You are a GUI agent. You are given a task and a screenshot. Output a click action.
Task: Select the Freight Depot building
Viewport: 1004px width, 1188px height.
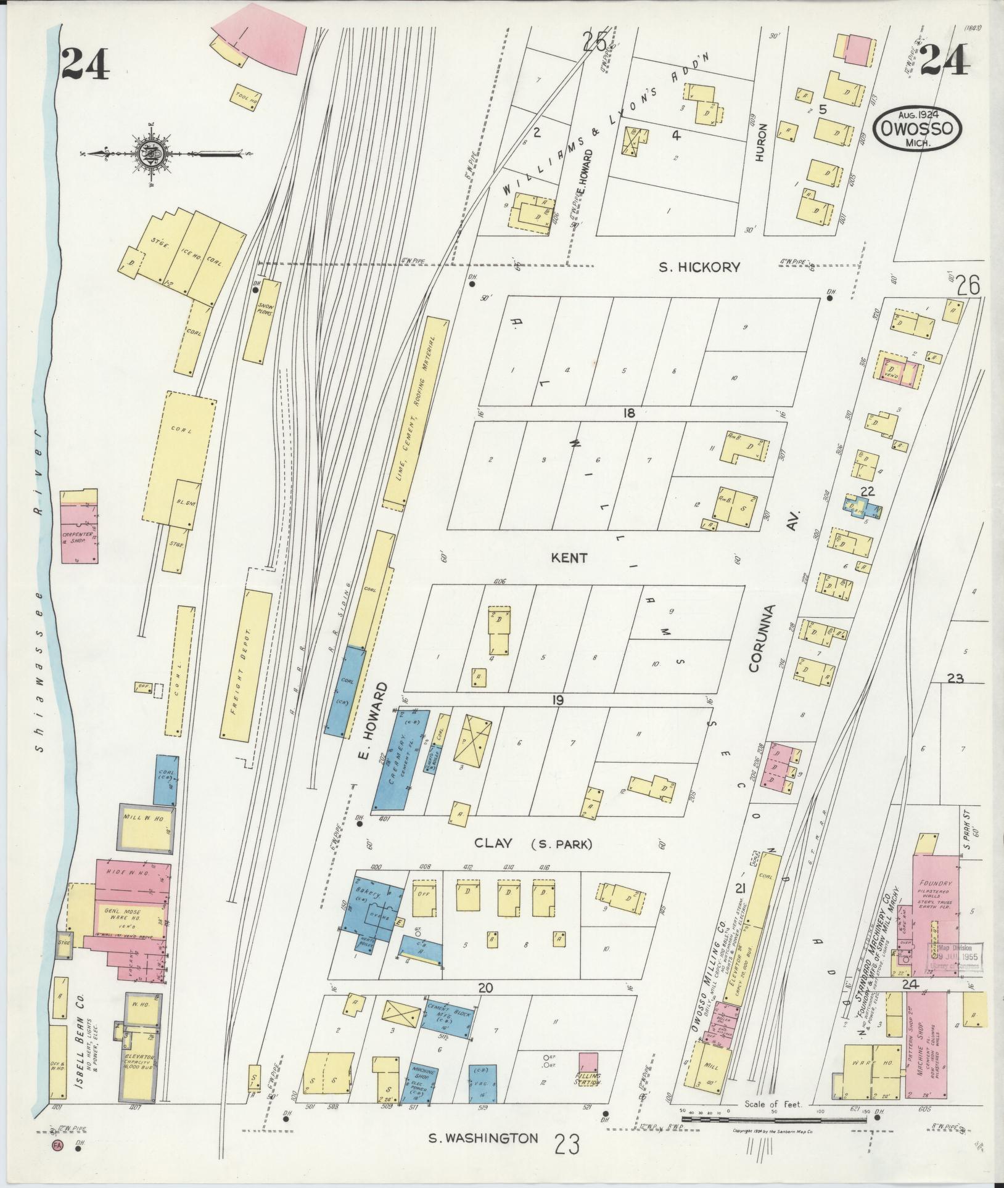pyautogui.click(x=246, y=665)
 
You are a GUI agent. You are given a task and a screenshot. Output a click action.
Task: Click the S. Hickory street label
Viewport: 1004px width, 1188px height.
pyautogui.click(x=699, y=267)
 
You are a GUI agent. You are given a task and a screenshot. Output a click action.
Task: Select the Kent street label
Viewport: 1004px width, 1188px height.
pyautogui.click(x=570, y=557)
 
